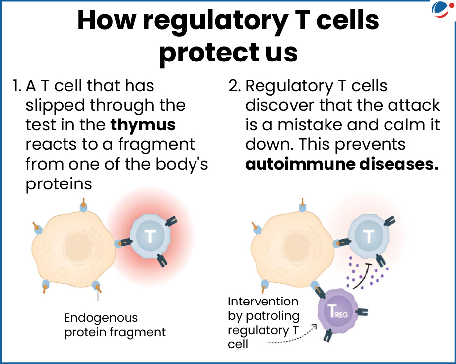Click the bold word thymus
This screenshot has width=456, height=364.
143,124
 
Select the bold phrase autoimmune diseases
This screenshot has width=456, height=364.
342,164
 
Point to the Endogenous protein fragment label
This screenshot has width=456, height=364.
115,325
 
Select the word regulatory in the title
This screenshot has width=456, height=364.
207,21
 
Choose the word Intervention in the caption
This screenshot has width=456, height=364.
263,301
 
